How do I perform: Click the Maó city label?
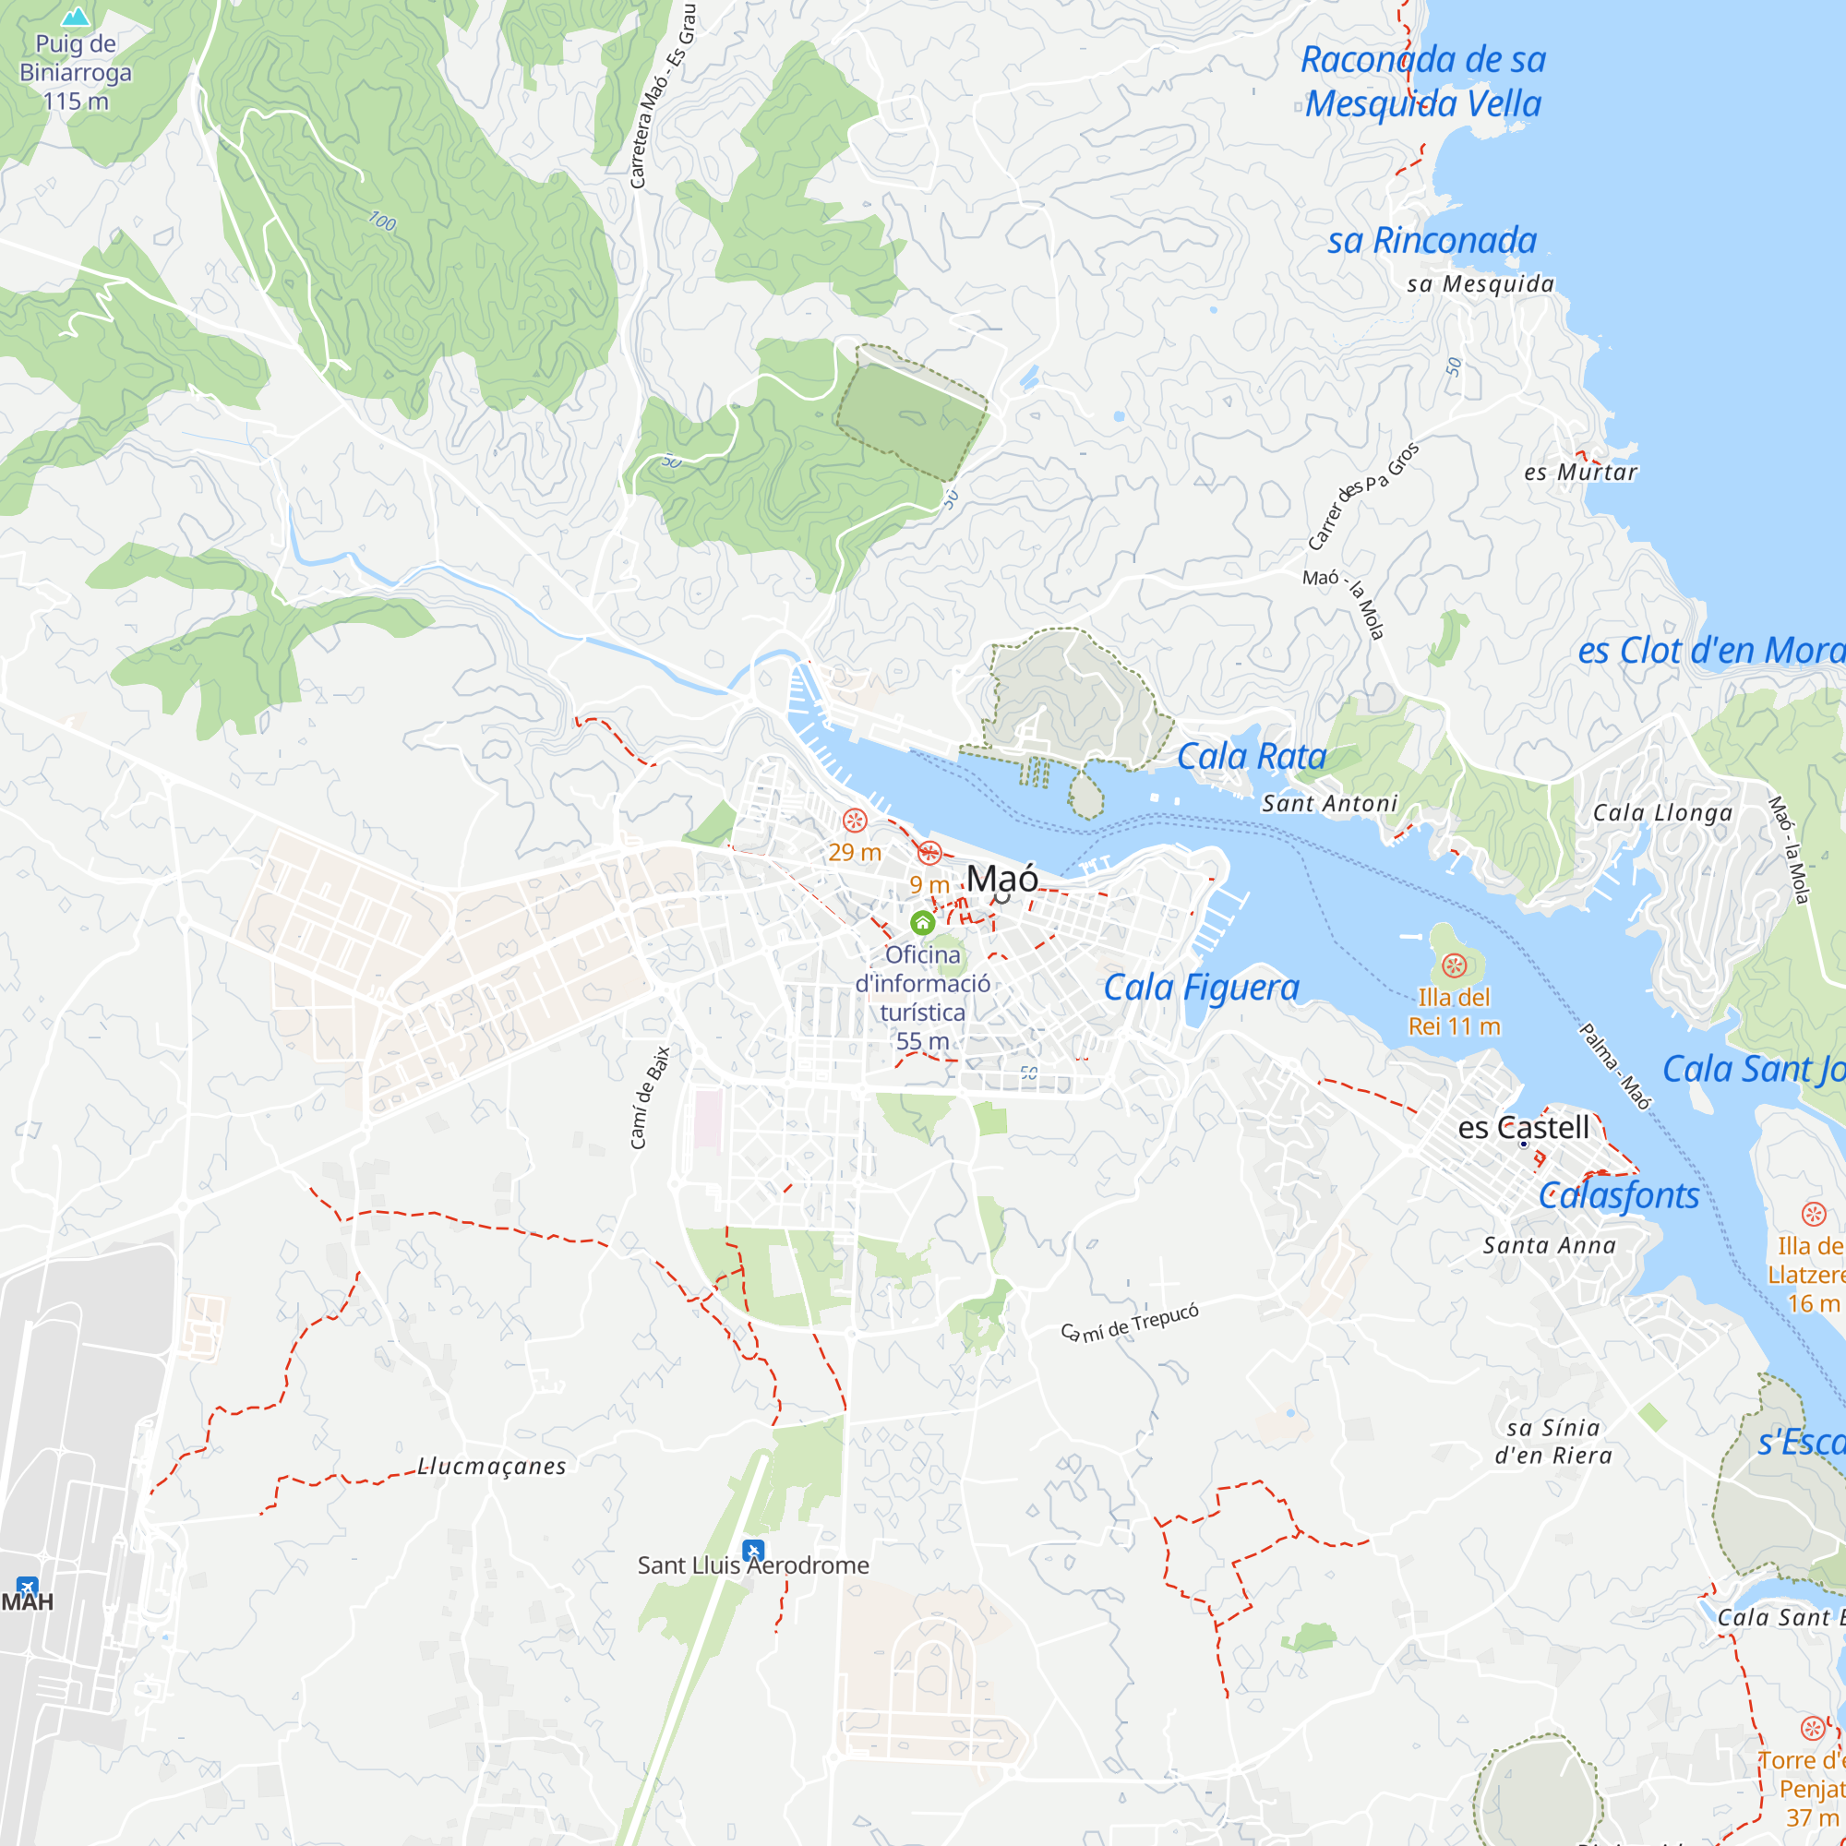coord(1001,878)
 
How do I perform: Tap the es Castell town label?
coord(1523,1128)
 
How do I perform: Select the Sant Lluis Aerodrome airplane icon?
coord(754,1550)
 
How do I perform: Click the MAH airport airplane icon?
coord(28,1587)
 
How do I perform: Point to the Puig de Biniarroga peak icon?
coord(76,17)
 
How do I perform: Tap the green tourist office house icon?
coord(922,923)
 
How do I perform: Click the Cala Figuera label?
coord(1201,987)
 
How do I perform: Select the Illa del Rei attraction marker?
coord(1454,966)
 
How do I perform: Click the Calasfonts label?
coord(1619,1195)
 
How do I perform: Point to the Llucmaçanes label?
coord(492,1466)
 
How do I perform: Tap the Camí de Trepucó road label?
coord(1131,1323)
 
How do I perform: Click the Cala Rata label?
coord(1251,756)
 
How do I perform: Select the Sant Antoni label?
coord(1329,804)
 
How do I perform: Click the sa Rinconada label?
coord(1432,240)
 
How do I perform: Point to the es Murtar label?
coord(1580,472)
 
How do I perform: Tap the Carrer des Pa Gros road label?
coord(1362,496)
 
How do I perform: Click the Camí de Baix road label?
coord(650,1097)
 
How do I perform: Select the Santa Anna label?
coord(1549,1245)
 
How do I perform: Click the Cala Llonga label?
coord(1661,812)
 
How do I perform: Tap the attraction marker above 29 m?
coord(854,820)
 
